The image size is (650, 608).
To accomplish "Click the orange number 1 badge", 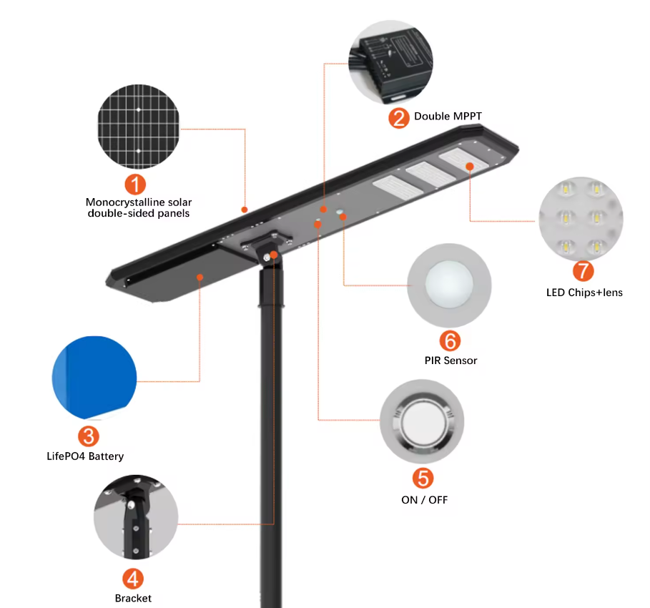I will [135, 183].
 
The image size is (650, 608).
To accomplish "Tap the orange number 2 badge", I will [399, 117].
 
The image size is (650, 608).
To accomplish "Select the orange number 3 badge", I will [88, 435].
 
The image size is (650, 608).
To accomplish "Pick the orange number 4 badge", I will [133, 578].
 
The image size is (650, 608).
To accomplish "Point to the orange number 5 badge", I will [423, 478].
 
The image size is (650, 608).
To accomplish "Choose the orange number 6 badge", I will [450, 340].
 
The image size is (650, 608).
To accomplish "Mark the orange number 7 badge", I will [583, 271].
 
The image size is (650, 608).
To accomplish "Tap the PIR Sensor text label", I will [450, 361].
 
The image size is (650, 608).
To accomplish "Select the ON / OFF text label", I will [424, 499].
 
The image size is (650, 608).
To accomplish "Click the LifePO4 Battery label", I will [85, 456].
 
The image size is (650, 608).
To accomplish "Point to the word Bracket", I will [133, 598].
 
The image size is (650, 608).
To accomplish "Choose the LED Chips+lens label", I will [583, 292].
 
